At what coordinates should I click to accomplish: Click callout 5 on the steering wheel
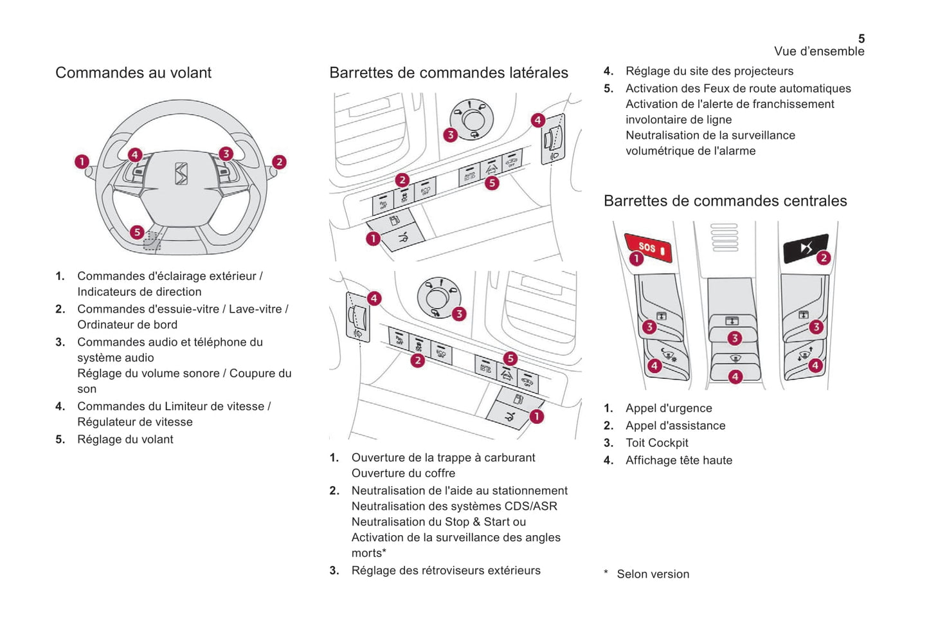137,232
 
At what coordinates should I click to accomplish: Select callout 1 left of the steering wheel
82,161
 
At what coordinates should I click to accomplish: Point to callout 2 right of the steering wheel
279,162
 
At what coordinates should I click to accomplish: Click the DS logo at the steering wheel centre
181,174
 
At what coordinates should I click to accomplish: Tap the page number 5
861,39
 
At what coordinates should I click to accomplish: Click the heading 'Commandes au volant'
133,73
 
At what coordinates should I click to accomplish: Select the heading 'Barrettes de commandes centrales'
725,201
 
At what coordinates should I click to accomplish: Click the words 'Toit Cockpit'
656,442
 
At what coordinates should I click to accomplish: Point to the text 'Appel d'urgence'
669,408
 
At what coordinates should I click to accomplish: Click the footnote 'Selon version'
653,574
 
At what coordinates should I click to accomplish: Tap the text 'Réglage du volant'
125,439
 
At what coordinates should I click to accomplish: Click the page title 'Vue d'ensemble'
818,51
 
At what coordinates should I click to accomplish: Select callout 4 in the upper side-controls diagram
538,120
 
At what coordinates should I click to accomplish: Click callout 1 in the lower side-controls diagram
536,417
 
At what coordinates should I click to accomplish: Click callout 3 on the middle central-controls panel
734,338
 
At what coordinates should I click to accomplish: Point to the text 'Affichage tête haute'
679,460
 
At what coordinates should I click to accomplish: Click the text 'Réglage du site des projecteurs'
709,71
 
